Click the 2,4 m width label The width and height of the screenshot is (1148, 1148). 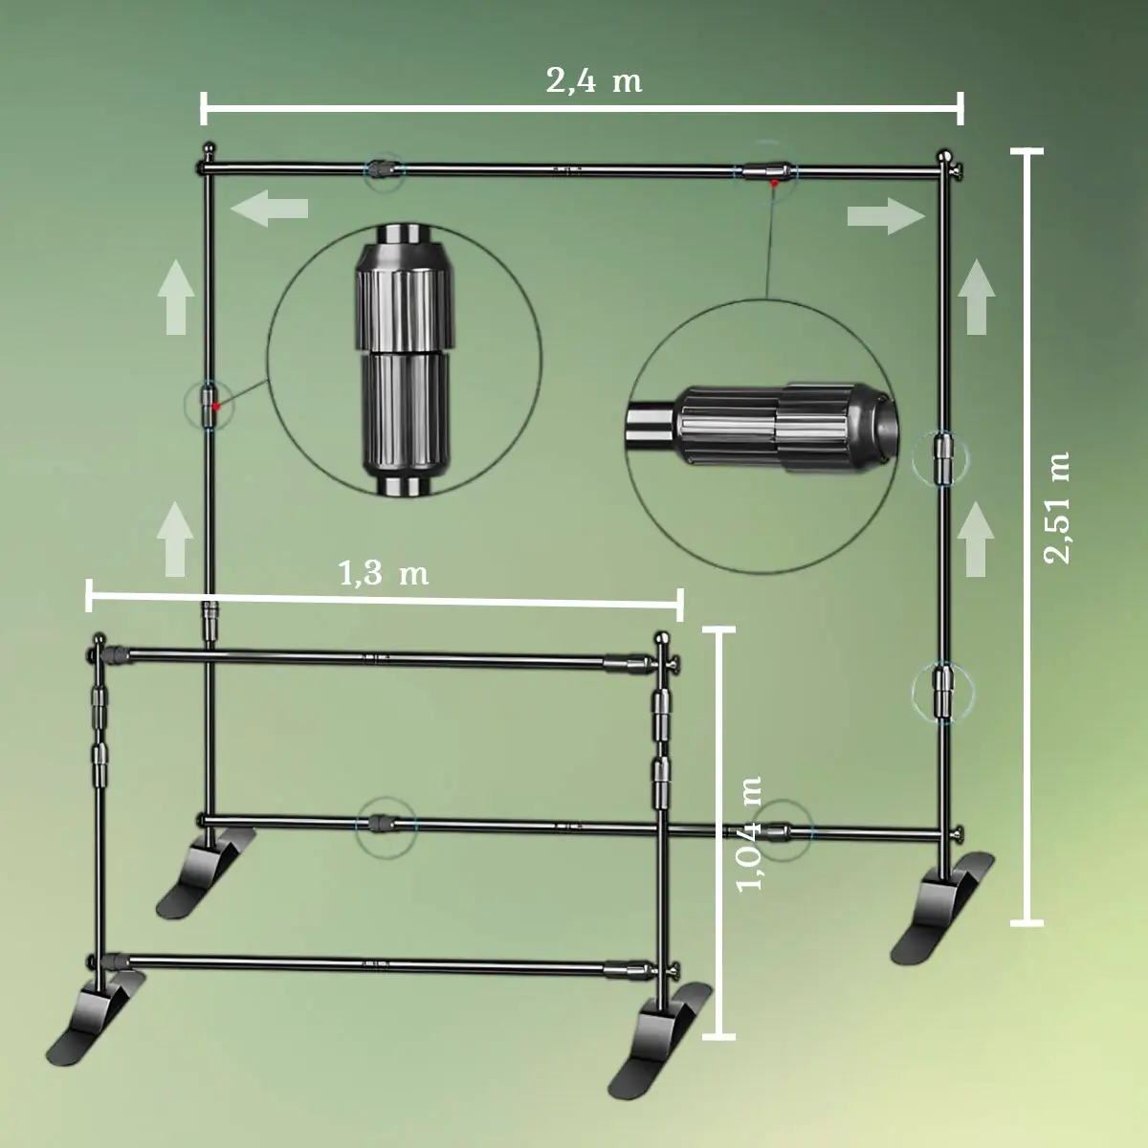(593, 80)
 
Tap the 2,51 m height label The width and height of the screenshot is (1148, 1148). (1057, 507)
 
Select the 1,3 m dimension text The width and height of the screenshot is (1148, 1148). (383, 573)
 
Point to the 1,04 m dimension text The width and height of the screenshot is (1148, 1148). (750, 833)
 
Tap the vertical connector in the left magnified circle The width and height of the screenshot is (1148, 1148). (403, 359)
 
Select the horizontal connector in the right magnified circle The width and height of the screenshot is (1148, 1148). (765, 423)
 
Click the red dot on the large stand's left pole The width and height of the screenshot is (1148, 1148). (217, 407)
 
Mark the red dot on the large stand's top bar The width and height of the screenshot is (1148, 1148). (774, 182)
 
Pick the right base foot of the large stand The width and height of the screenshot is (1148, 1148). (942, 909)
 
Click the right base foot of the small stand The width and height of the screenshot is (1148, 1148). (660, 1038)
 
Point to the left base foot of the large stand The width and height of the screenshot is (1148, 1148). (205, 871)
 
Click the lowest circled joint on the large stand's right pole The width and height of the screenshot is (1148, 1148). (943, 691)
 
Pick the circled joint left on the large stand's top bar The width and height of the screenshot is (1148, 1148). (384, 169)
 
